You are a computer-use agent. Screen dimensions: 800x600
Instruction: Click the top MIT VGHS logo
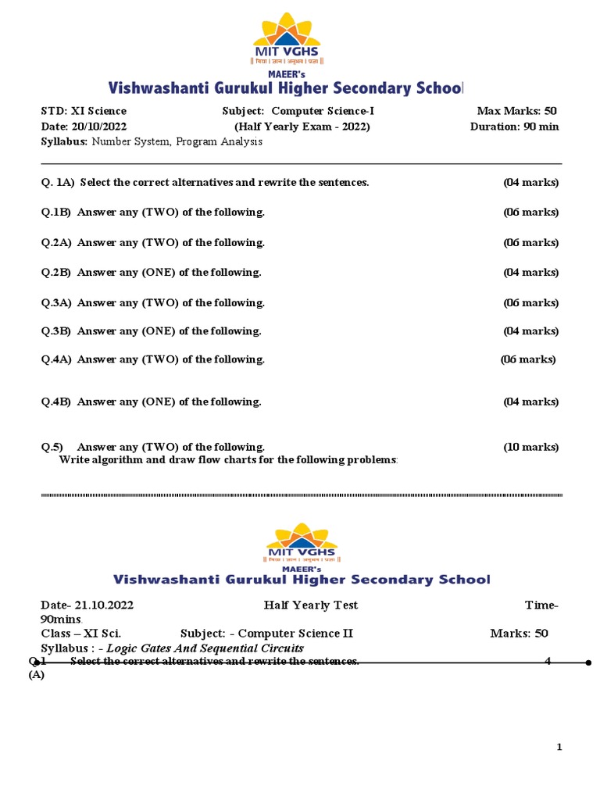click(285, 38)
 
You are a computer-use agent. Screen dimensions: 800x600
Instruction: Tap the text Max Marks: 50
click(516, 111)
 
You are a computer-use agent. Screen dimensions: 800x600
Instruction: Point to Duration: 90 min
click(514, 127)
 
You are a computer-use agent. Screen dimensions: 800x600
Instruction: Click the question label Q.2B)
click(56, 273)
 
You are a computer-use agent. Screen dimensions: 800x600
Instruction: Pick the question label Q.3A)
click(56, 302)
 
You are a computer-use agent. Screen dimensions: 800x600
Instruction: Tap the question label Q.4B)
click(56, 402)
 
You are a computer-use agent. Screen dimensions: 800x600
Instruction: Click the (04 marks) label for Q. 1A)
click(530, 182)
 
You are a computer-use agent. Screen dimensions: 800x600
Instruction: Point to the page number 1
click(559, 748)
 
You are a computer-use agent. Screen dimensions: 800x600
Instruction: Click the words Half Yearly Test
click(311, 605)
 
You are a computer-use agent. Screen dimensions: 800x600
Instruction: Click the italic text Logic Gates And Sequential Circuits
click(205, 648)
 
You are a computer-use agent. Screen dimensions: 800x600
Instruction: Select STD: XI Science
click(84, 111)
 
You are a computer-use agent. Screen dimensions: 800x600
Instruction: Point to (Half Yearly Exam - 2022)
click(302, 127)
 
